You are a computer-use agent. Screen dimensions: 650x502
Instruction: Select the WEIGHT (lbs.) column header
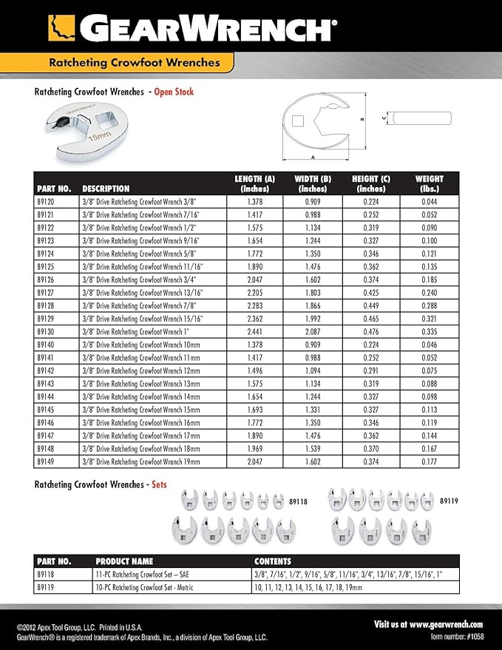[430, 183]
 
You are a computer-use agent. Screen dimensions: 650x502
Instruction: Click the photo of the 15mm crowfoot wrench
[72, 130]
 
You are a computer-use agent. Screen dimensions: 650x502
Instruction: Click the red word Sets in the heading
[158, 484]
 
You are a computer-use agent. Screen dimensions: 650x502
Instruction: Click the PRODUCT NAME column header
[125, 561]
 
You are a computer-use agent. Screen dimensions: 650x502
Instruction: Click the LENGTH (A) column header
[254, 183]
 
